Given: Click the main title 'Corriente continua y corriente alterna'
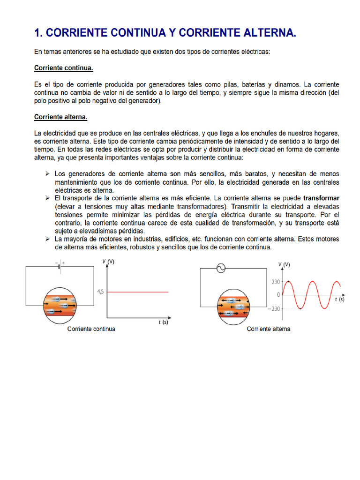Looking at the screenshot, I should [165, 33].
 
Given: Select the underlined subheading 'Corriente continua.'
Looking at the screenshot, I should [64, 68].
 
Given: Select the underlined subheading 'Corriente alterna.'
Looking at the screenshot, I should [61, 117].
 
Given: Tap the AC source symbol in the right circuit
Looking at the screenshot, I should [219, 269].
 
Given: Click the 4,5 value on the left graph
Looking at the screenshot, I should [100, 292].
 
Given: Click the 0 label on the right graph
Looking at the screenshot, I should [278, 295].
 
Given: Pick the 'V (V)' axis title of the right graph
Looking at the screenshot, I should [284, 265].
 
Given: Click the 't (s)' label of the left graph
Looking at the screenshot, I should [162, 322].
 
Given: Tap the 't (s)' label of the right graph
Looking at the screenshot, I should [339, 299].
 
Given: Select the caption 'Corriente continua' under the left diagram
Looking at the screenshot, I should [91, 329].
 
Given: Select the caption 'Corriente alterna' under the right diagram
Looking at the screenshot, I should [269, 329].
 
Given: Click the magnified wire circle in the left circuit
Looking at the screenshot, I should [59, 305].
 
